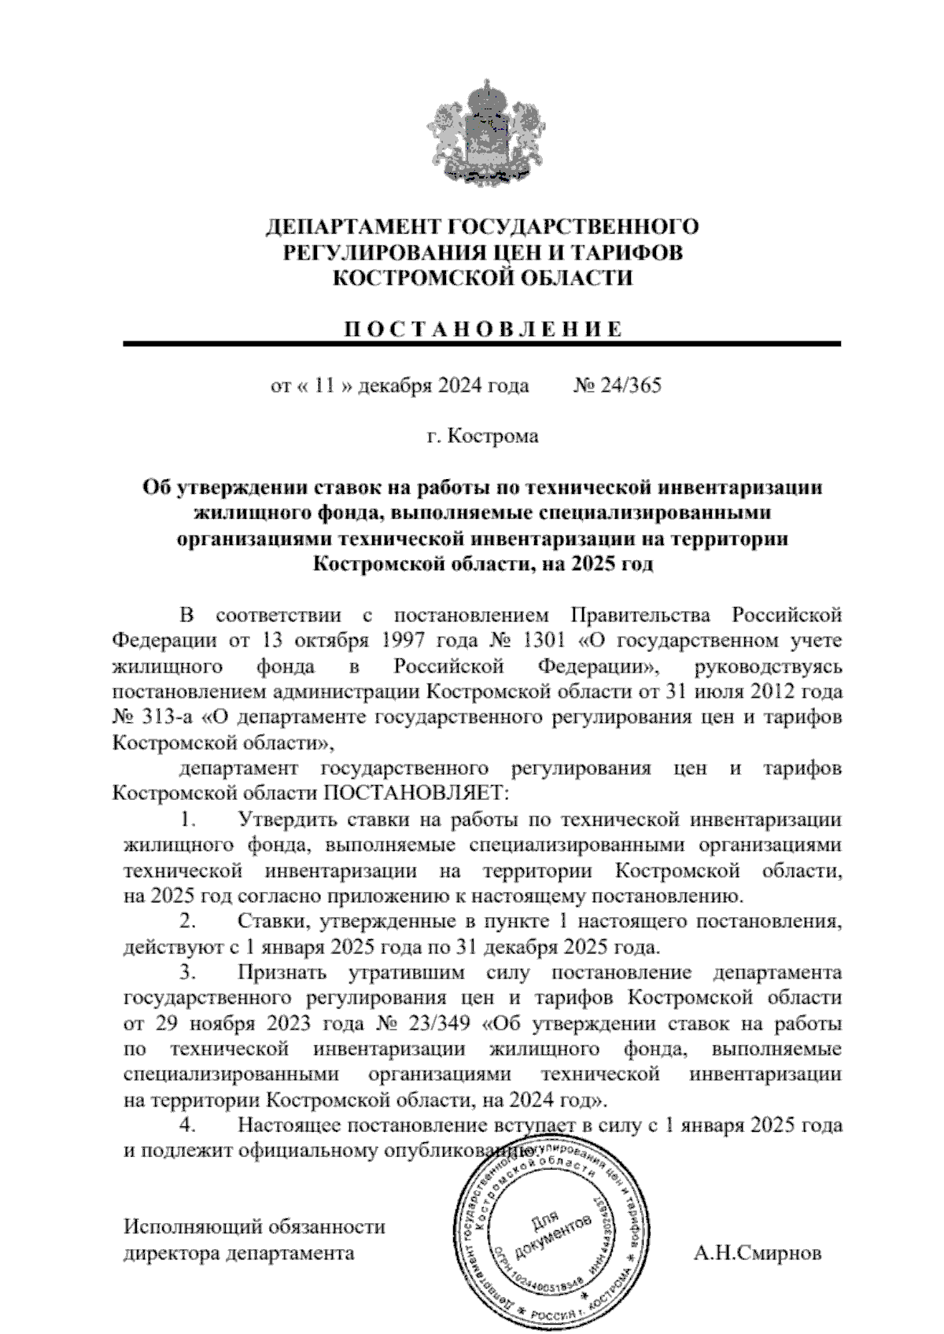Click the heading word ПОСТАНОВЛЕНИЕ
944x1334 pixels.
[482, 330]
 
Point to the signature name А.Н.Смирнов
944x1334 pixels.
[758, 1253]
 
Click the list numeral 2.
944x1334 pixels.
[187, 921]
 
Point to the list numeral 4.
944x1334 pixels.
[187, 1126]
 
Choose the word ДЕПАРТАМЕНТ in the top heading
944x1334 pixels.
[352, 227]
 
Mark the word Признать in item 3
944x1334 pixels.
[282, 973]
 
